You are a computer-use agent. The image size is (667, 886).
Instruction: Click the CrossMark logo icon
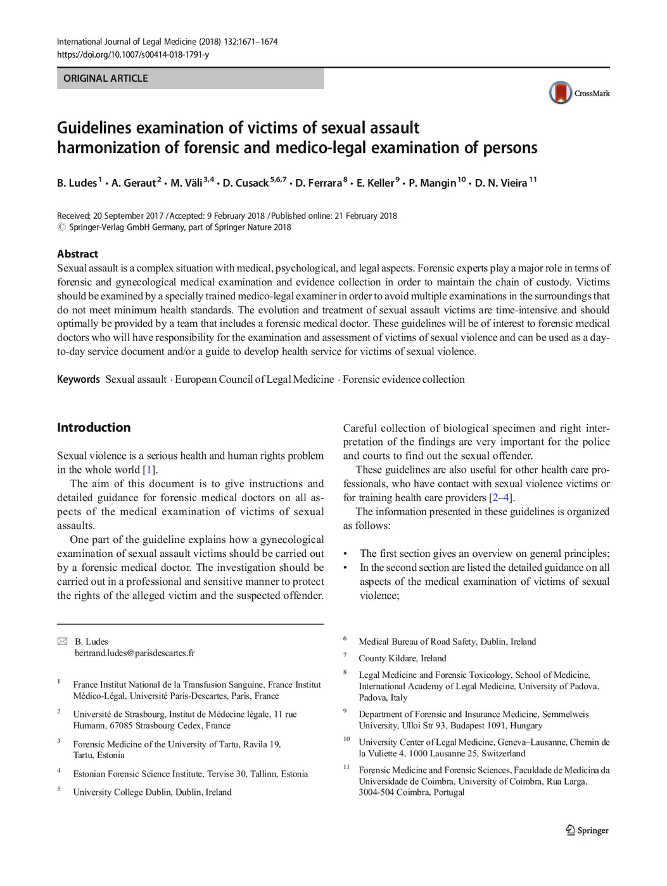tap(561, 93)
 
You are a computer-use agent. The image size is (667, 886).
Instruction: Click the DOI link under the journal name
tap(132, 54)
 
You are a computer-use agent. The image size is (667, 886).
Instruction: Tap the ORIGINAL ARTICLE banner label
tap(106, 78)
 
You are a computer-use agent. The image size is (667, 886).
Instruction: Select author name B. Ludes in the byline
tap(77, 183)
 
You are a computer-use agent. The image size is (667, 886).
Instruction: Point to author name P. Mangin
tap(432, 183)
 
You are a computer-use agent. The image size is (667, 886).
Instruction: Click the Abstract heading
tap(77, 254)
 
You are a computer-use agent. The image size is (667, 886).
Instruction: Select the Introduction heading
tap(94, 427)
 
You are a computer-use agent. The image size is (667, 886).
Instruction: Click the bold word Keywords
tap(78, 379)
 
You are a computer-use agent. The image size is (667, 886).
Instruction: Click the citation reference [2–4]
tap(500, 497)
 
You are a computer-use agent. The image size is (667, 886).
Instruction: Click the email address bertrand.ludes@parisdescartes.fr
tap(134, 652)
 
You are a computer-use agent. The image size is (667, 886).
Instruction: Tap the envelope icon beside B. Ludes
tap(62, 641)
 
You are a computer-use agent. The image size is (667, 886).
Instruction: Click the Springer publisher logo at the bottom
tap(587, 830)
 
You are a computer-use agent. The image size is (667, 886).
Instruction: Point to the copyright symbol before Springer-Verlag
tap(61, 227)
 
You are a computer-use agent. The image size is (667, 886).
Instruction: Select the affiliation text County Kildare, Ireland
tap(402, 658)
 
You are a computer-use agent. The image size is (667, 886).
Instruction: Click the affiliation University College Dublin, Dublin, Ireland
tap(152, 792)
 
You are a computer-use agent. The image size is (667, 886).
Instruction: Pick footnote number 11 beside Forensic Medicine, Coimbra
tap(346, 767)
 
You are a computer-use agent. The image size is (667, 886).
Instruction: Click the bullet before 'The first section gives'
tap(345, 554)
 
